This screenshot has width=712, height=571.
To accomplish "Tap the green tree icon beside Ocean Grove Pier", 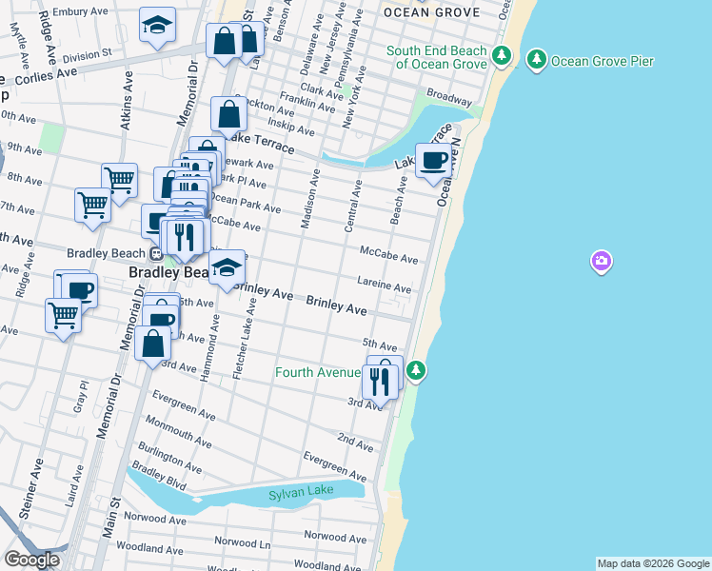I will click(x=537, y=61).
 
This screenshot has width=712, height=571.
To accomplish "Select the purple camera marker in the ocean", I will click(x=601, y=261).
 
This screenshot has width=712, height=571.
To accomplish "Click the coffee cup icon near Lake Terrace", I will click(x=434, y=161).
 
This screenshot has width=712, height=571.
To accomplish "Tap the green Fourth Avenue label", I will click(x=318, y=372).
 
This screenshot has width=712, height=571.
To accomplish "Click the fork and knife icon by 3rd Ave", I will click(x=379, y=382).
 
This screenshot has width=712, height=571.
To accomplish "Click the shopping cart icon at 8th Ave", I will click(x=119, y=179).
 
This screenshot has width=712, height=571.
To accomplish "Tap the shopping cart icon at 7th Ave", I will click(x=92, y=205).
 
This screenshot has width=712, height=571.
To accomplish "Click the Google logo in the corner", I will click(x=31, y=560).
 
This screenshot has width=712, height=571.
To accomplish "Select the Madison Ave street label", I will click(x=309, y=200).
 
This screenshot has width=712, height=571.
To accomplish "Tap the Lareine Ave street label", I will click(x=385, y=286).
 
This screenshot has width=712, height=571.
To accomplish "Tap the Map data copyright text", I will click(x=652, y=563).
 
